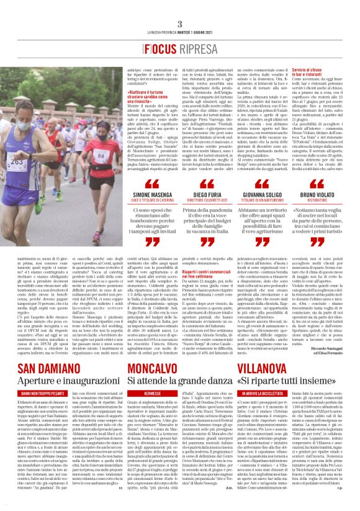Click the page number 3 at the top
point(179,24)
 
